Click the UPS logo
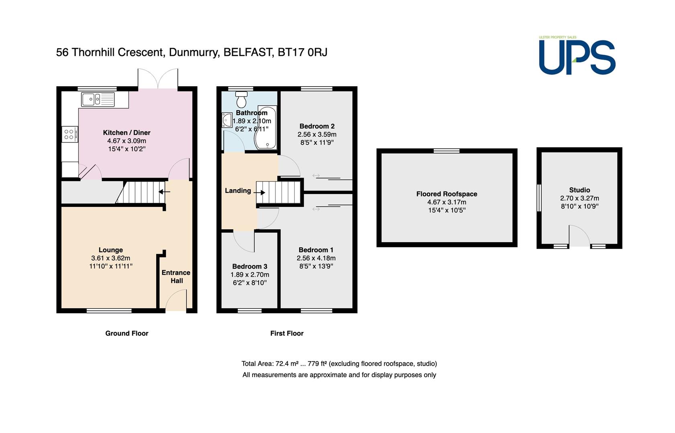577,56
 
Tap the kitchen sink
98,99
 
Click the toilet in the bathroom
241,99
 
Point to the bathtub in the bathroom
266,127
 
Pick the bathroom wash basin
227,120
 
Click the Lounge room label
111,250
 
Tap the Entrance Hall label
176,277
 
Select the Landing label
238,190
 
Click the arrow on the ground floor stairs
164,192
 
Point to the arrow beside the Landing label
259,192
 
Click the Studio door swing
579,236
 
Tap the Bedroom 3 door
244,241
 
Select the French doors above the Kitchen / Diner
158,79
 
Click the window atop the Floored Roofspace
447,151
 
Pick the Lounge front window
109,311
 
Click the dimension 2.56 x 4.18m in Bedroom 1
316,258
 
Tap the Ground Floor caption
127,334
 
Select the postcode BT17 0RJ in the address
302,53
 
